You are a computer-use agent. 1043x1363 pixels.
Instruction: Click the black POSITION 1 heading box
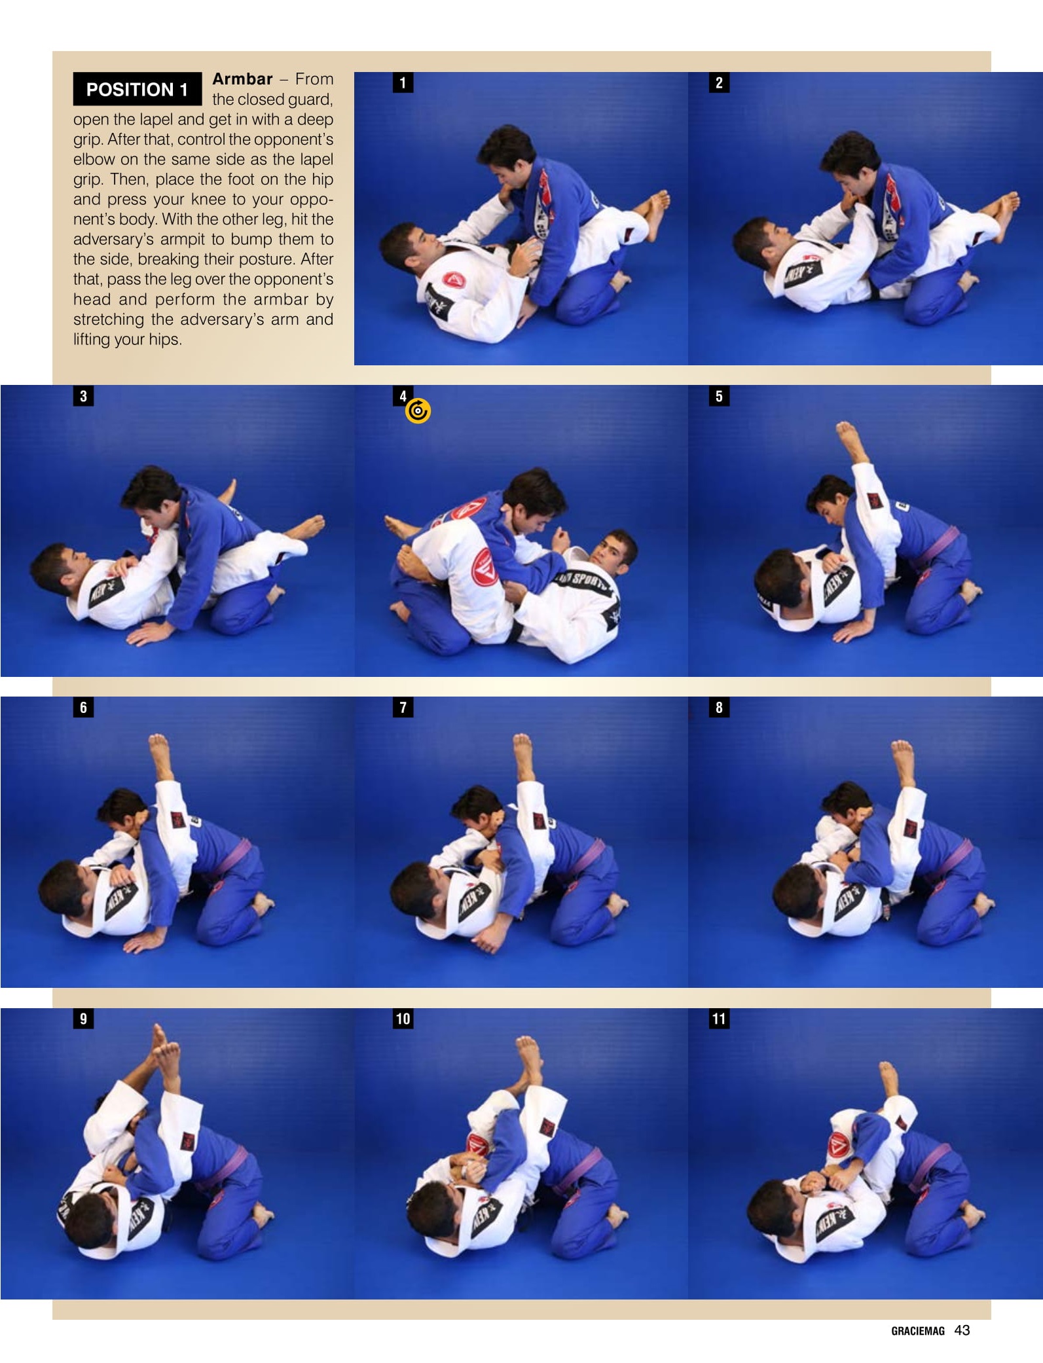tap(137, 89)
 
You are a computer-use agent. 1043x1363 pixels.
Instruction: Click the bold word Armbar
tap(242, 79)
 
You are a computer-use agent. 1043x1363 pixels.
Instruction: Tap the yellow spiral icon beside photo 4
tap(418, 411)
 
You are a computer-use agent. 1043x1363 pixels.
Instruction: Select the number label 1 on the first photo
tap(403, 82)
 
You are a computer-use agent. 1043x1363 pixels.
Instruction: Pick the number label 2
tap(719, 82)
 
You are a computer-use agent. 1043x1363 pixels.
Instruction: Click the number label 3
tap(83, 396)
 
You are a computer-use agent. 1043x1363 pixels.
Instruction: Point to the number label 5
tap(719, 396)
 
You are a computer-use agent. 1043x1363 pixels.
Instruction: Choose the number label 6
tap(83, 707)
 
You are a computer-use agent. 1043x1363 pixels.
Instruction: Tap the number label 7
tap(403, 707)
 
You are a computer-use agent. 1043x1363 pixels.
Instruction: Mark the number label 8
tap(719, 707)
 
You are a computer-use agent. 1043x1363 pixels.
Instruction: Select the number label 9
tap(83, 1019)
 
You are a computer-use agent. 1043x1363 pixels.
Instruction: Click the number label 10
tap(403, 1019)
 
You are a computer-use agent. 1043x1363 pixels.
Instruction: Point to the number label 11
tap(719, 1019)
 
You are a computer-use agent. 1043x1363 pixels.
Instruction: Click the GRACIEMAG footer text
tap(918, 1331)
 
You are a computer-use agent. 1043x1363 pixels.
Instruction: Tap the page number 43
tap(962, 1330)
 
